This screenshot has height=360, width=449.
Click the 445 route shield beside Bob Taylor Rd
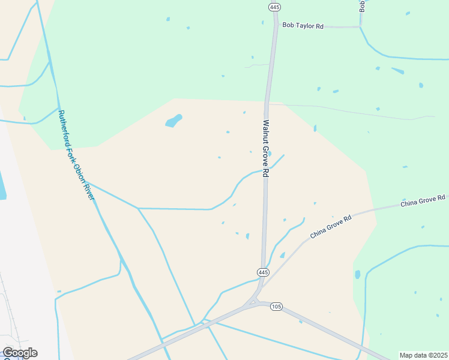pos(274,7)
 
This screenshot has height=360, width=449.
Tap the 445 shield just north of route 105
pos(263,272)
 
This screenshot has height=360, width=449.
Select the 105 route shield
pos(276,307)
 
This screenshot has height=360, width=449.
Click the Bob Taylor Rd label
pos(303,26)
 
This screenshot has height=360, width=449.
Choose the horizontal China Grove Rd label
pos(423,200)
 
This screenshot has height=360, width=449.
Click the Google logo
pos(20,353)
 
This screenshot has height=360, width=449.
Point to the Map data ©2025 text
pos(423,355)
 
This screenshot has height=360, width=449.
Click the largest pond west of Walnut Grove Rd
pos(173,121)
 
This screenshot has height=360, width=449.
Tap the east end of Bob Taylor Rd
pos(360,26)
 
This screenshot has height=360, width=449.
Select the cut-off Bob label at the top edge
pos(362,5)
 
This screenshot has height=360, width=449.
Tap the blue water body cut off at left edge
pos(2,187)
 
